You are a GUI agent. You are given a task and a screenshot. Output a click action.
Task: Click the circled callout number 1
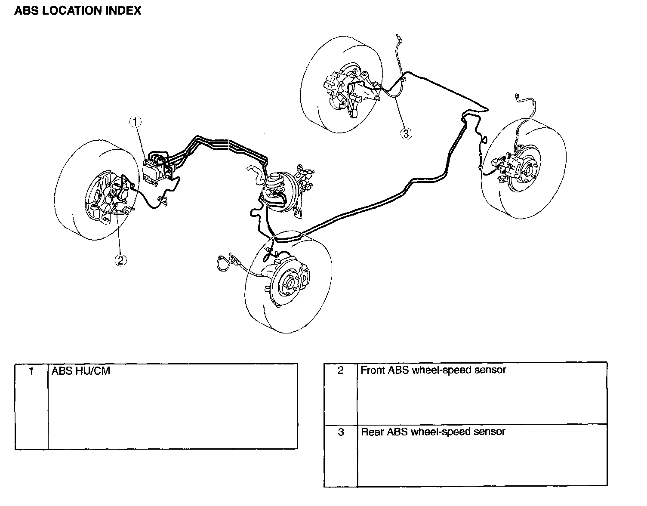[136, 122]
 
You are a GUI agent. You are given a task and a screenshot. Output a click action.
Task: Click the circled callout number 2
[120, 259]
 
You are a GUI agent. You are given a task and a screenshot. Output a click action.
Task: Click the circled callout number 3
[406, 133]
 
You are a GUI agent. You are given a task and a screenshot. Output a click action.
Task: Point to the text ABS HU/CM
[81, 370]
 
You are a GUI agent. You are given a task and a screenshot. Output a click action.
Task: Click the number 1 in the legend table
[31, 370]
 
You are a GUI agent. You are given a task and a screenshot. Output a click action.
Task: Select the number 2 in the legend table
[340, 370]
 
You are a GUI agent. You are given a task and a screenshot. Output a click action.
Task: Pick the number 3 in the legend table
[340, 432]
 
